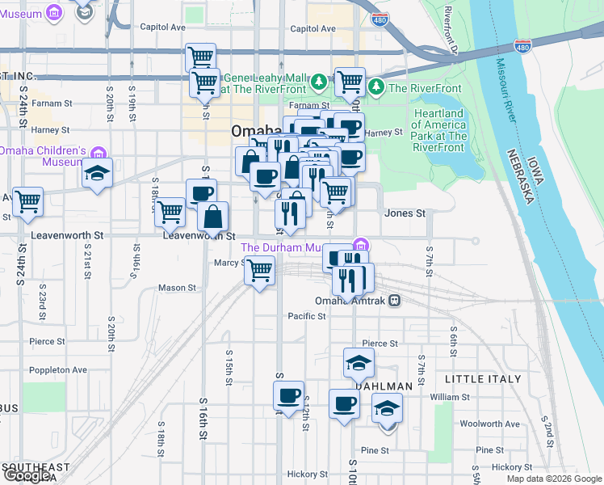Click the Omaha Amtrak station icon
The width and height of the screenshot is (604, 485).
click(394, 300)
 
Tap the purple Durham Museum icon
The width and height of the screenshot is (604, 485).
click(361, 246)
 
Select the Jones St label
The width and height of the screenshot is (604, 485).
click(405, 213)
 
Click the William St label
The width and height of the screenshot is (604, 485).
click(450, 397)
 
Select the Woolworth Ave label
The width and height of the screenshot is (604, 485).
click(489, 424)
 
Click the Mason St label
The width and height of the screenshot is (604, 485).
click(177, 287)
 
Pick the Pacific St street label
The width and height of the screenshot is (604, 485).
click(306, 316)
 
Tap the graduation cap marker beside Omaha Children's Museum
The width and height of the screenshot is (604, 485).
click(96, 173)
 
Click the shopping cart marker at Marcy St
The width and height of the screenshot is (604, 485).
click(259, 270)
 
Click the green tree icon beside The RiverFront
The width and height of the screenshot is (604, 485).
click(375, 86)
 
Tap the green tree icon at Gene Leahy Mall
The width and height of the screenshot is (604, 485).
click(319, 80)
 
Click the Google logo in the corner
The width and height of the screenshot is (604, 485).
click(27, 475)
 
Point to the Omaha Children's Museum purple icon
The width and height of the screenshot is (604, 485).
click(98, 152)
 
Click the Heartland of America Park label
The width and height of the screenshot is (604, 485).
click(438, 125)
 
